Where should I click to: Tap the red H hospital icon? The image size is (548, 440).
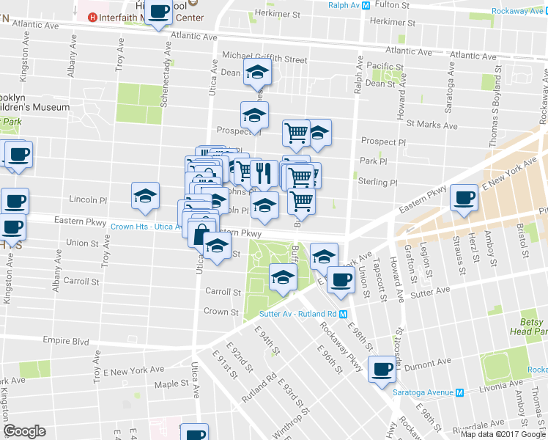pos(92,17)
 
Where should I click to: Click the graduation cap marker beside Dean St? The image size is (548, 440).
pos(257,73)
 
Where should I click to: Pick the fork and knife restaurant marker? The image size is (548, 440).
pos(264,174)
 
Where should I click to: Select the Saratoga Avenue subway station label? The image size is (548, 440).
pos(423,392)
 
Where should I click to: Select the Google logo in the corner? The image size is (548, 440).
pos(25,431)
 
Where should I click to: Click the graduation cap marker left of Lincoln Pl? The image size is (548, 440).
pos(145,196)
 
